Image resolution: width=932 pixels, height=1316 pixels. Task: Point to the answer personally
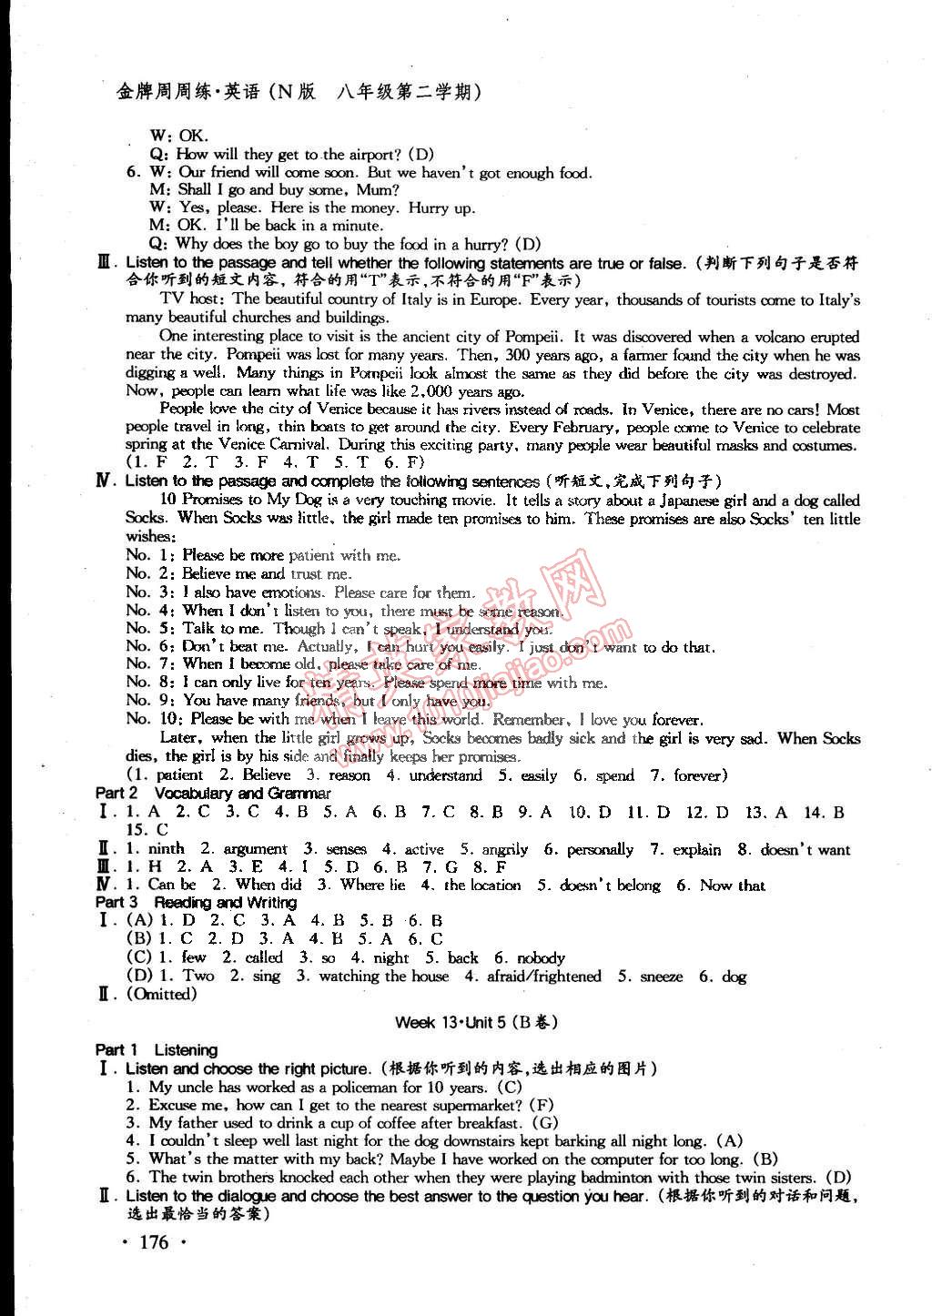coord(600,849)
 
